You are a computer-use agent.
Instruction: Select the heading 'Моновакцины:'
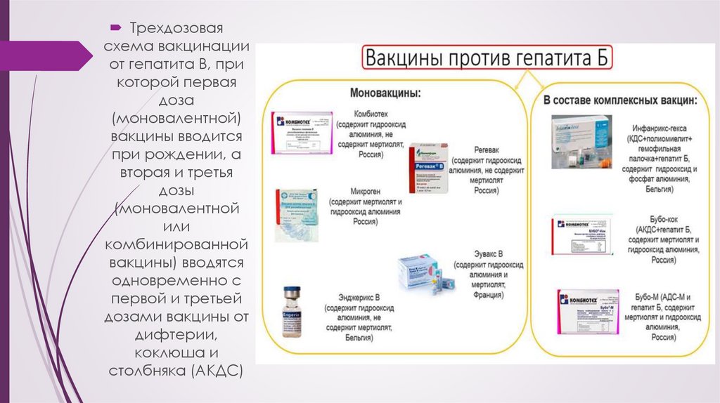click(386, 93)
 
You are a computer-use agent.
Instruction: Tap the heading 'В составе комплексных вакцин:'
click(620, 100)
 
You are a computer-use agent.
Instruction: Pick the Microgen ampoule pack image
click(295, 213)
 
